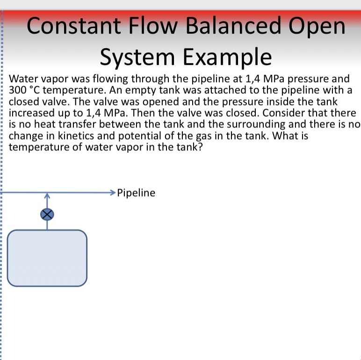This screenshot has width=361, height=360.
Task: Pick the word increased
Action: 32,113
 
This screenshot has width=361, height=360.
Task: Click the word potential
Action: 135,136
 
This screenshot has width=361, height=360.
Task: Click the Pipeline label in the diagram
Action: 136,192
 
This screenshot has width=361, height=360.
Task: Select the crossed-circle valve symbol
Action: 47,214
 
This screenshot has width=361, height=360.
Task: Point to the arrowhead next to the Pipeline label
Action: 112,192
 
